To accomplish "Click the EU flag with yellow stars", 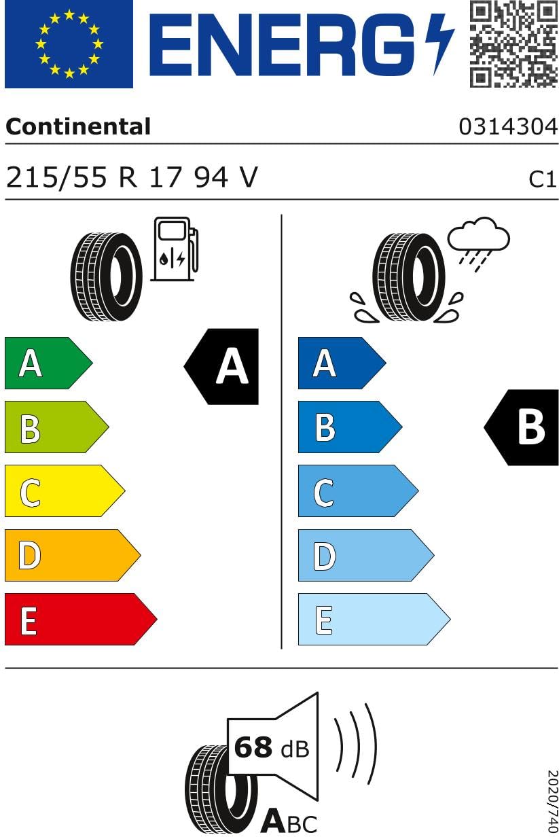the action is [69, 44].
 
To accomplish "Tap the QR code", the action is [513, 43].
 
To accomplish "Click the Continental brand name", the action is [78, 126].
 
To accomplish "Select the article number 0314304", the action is [508, 126].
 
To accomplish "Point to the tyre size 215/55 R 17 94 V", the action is [132, 177].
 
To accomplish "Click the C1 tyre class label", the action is [542, 179].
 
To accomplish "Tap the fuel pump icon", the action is [175, 249].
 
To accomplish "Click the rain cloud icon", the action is [478, 244].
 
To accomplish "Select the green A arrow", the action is [49, 363].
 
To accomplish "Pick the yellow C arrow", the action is [65, 491].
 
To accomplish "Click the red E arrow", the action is [81, 619].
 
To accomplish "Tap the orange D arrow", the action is [73, 555].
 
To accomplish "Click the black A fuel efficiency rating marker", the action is [221, 367].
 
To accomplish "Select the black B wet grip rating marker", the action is [521, 427].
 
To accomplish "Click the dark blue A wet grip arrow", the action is [342, 363].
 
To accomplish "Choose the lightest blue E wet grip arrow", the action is [374, 619].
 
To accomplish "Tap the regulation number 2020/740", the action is [553, 801].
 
